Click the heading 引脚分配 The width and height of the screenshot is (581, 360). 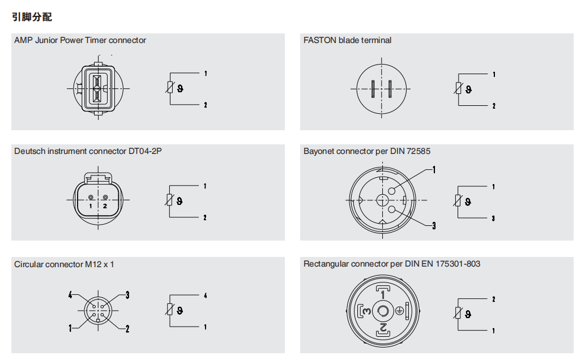[x=32, y=17]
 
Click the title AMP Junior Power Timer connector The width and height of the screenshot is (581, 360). [x=80, y=40]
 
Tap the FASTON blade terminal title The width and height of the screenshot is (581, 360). [x=347, y=40]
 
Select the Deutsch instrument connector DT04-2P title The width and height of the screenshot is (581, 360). [x=88, y=151]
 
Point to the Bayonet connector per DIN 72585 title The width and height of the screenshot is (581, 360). [x=367, y=151]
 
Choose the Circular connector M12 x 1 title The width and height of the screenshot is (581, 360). [x=64, y=264]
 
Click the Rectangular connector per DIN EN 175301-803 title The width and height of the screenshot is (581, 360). [x=392, y=264]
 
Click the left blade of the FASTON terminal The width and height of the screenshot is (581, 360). [x=373, y=89]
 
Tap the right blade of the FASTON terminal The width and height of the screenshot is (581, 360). [x=390, y=89]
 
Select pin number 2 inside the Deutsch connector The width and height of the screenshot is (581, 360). [x=105, y=206]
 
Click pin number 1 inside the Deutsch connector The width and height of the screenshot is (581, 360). [x=91, y=206]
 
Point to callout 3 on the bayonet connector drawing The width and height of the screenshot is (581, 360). [x=434, y=225]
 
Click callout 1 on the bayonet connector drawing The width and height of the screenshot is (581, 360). [x=434, y=170]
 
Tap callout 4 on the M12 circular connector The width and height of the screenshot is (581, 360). [x=70, y=295]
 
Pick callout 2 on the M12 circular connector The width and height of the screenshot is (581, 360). [x=127, y=328]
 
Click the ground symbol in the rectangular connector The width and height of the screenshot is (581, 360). [x=399, y=311]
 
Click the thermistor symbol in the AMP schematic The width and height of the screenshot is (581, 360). [x=170, y=88]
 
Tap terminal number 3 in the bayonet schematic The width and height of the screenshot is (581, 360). [x=493, y=218]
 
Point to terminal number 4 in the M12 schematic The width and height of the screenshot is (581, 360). [x=206, y=295]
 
